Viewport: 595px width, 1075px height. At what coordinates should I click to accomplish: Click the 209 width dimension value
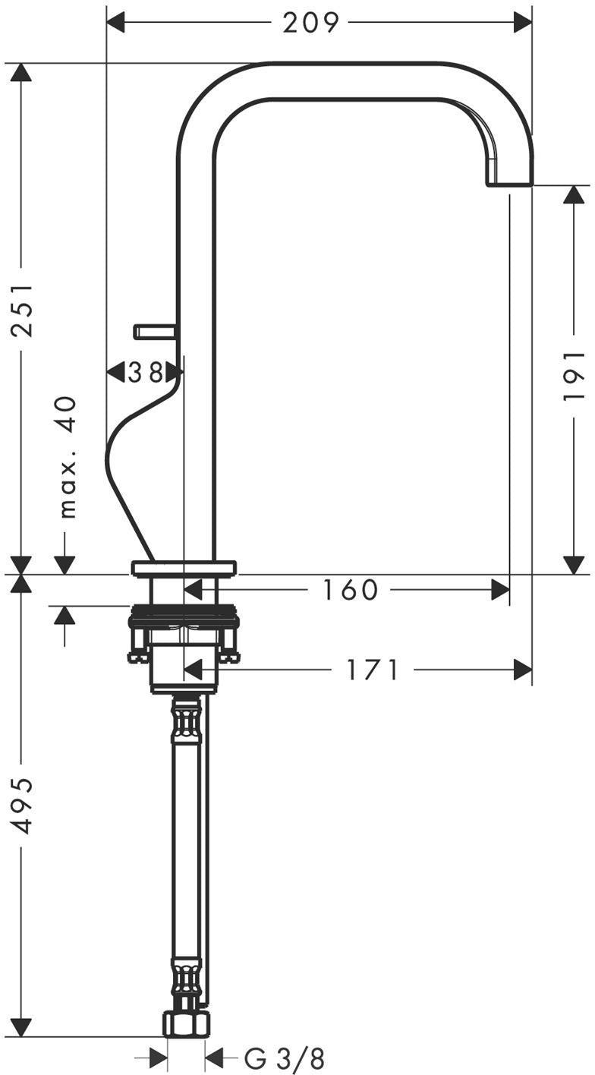pos(310,23)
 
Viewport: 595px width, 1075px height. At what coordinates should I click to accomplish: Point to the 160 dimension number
pos(351,590)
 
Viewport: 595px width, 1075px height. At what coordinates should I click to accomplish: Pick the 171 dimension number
pos(373,670)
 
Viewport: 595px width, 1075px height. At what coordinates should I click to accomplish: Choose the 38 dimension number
pos(146,372)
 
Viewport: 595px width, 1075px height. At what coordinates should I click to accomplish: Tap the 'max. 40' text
pos(68,457)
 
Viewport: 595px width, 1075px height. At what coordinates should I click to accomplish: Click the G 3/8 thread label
pos(285,1058)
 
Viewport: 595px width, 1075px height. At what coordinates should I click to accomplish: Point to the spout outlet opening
pos(509,184)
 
